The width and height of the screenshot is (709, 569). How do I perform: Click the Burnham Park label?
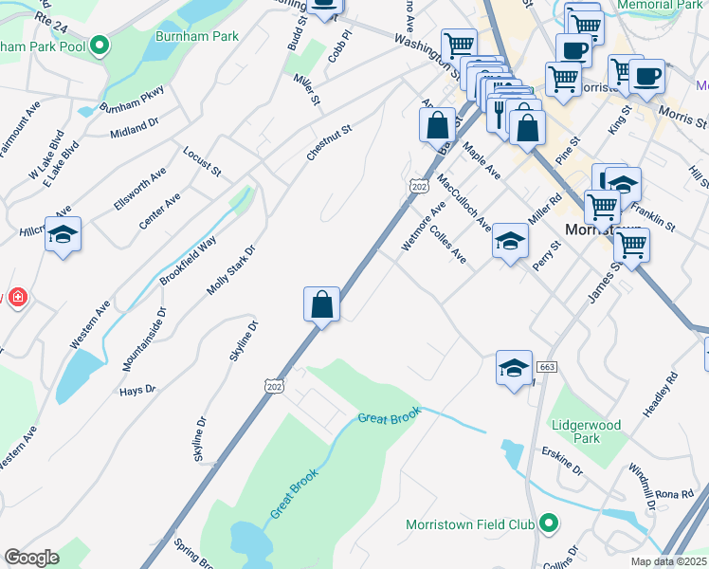coord(199,36)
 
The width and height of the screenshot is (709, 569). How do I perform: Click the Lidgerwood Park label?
coord(587,431)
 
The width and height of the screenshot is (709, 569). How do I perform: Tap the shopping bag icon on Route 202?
coord(322,305)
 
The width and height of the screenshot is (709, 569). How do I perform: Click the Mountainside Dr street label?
coord(143,338)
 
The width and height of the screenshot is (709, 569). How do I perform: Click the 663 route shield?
coord(546,367)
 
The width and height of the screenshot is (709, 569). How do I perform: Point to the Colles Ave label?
coord(447,244)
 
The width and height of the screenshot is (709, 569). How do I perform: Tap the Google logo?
coord(31,558)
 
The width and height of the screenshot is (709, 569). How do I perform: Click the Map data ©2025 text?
coord(669,561)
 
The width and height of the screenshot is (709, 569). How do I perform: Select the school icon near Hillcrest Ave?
coord(63,234)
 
